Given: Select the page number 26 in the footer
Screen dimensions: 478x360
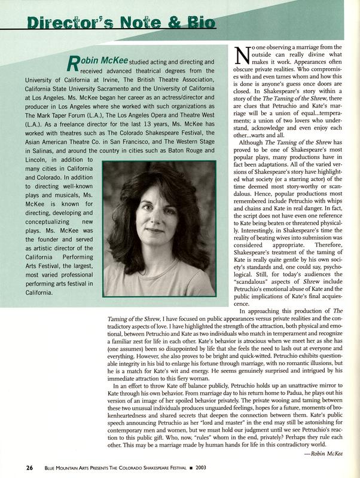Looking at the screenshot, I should click(x=20, y=466).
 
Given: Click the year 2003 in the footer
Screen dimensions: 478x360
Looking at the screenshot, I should click(x=195, y=466).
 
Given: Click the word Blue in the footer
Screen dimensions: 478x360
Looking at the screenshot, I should click(x=53, y=466).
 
